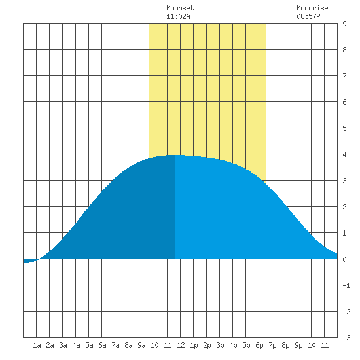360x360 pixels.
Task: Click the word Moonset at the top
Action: tap(180, 8)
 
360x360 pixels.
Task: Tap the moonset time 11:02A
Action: tap(178, 16)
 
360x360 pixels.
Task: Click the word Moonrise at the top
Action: tap(312, 8)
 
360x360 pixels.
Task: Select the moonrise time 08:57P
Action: tap(308, 16)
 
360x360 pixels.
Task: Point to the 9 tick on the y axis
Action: tap(344, 24)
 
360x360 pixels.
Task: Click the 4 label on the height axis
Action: tap(344, 154)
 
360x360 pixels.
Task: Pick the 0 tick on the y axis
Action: tap(344, 259)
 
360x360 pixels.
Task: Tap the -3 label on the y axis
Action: tap(346, 338)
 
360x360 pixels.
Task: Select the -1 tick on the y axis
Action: tap(346, 285)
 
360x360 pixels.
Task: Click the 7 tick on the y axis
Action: tap(344, 76)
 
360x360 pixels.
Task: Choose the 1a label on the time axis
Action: tap(37, 345)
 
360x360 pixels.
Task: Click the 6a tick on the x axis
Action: tap(102, 345)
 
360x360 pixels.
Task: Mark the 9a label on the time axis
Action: tap(141, 345)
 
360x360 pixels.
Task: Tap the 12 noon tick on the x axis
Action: tap(181, 345)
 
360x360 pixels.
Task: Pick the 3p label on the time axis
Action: tap(220, 345)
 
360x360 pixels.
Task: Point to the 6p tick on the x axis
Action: tap(259, 345)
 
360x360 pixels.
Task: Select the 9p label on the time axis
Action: tap(298, 345)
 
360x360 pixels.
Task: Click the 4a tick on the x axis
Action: tap(76, 345)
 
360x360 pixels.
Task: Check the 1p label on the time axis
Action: tap(194, 345)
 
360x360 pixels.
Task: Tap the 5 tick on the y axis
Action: tap(344, 128)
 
